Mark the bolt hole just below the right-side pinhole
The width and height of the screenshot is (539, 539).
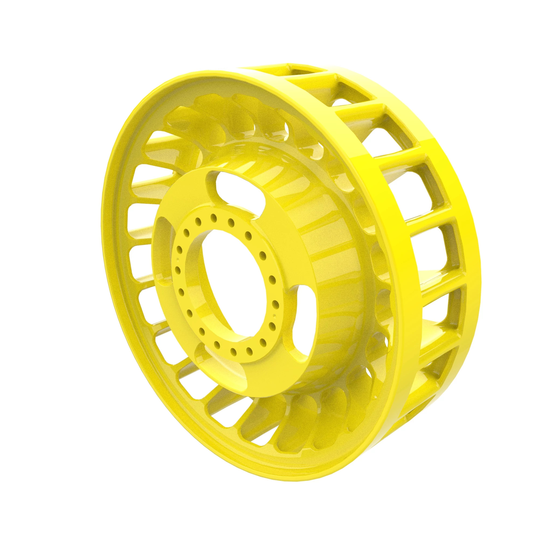pos(272,326)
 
